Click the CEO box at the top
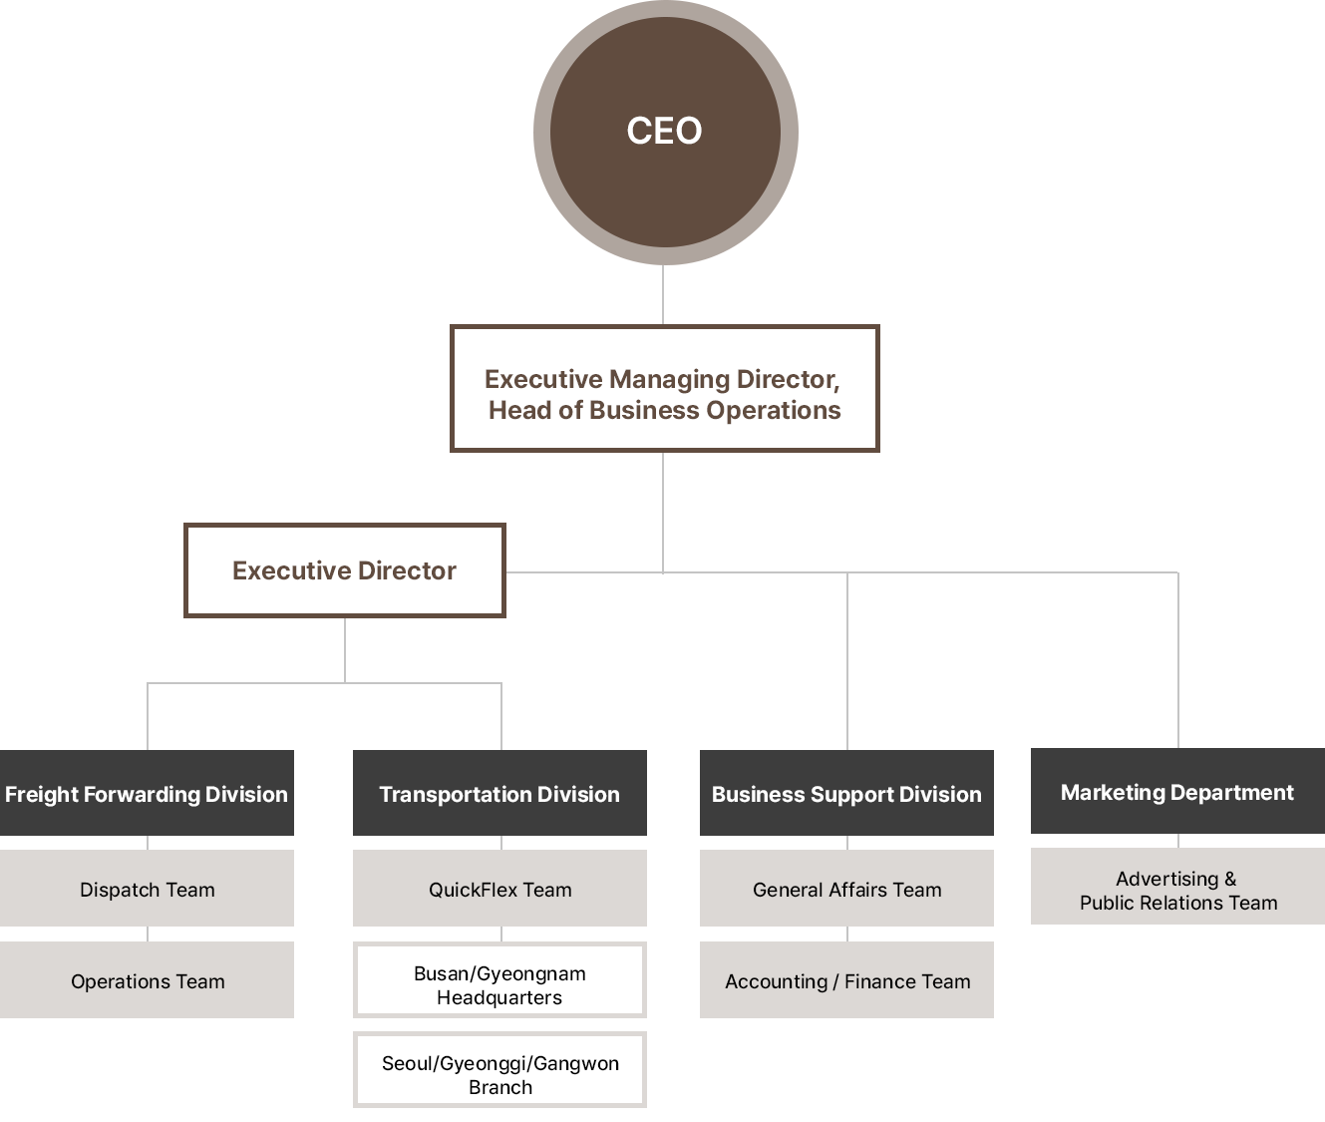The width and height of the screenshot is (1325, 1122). point(665,132)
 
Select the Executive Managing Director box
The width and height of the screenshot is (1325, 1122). point(664,389)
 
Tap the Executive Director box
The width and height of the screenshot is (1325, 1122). point(345,570)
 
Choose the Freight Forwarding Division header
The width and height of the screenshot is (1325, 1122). point(147,794)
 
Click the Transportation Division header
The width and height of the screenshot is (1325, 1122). point(499,794)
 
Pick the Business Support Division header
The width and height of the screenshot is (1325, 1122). point(846,794)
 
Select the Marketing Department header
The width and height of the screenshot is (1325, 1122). point(1176,792)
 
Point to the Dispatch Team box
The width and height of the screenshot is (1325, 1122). point(147,890)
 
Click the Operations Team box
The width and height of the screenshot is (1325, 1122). point(147,981)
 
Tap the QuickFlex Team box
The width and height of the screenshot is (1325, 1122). point(499,890)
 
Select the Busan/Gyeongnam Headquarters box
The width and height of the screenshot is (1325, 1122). point(499,985)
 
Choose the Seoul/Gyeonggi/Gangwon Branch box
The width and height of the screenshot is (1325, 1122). point(499,1075)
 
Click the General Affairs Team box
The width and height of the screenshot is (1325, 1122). point(846,890)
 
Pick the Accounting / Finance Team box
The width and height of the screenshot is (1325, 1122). point(846,981)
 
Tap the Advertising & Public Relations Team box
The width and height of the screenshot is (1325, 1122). point(1176,890)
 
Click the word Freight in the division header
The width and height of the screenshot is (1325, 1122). point(42,794)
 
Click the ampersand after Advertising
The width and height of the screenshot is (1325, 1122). point(1230,879)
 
